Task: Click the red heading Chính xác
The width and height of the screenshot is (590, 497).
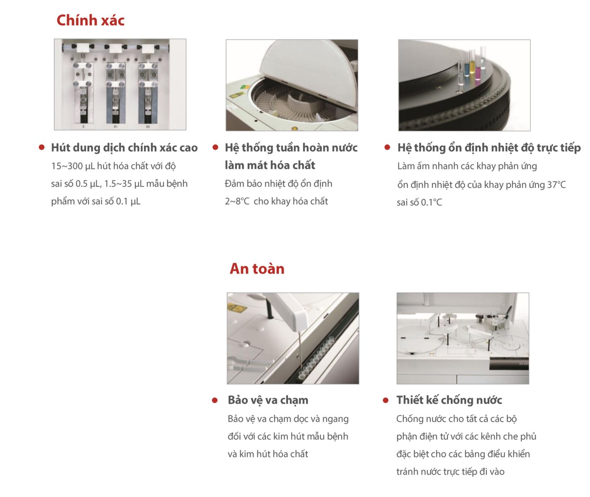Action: pyautogui.click(x=90, y=20)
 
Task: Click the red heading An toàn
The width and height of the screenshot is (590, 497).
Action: pyautogui.click(x=257, y=269)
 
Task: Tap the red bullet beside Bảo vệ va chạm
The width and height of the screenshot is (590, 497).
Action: pyautogui.click(x=215, y=400)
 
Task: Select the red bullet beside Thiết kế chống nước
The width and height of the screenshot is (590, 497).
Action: pyautogui.click(x=386, y=400)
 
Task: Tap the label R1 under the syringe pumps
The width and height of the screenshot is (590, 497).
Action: pyautogui.click(x=116, y=127)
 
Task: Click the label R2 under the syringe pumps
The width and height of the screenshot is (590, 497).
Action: pyautogui.click(x=148, y=127)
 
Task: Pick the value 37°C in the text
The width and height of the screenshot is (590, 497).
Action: pyautogui.click(x=556, y=185)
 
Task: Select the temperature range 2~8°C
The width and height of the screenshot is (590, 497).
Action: pyautogui.click(x=237, y=201)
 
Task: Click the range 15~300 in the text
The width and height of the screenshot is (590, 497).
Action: pyautogui.click(x=67, y=166)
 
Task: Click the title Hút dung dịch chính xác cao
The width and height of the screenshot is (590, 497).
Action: pyautogui.click(x=124, y=147)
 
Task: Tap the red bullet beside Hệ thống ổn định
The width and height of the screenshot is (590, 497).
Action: pyautogui.click(x=387, y=147)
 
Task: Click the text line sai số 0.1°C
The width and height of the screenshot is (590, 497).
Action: pyautogui.click(x=419, y=203)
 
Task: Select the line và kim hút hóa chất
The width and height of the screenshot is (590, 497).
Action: pyautogui.click(x=268, y=454)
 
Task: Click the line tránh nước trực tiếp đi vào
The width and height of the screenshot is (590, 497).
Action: pyautogui.click(x=450, y=472)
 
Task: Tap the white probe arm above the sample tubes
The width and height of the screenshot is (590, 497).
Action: pyautogui.click(x=285, y=311)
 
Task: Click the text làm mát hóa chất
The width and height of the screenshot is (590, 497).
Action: pyautogui.click(x=270, y=165)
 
